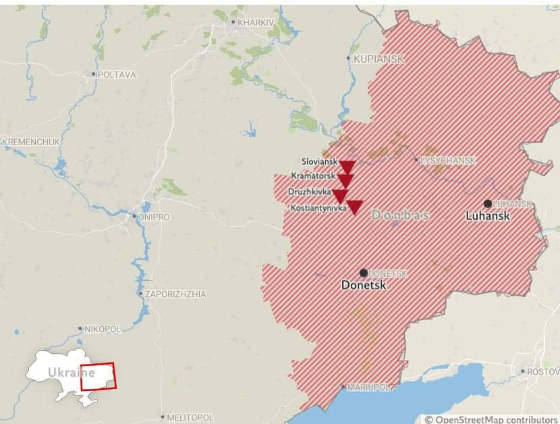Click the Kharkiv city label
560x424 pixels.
pyautogui.click(x=256, y=22)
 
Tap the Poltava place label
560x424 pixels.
pyautogui.click(x=116, y=74)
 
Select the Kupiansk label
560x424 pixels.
pyautogui.click(x=379, y=59)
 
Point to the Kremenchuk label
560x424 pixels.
pyautogui.click(x=31, y=142)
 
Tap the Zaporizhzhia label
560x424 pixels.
pyautogui.click(x=175, y=294)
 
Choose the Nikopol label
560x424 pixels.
pyautogui.click(x=102, y=329)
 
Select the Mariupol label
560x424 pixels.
pyautogui.click(x=369, y=388)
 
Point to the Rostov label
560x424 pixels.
pyautogui.click(x=542, y=372)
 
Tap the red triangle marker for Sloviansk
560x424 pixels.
pyautogui.click(x=347, y=167)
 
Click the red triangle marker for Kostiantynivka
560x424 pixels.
pyautogui.click(x=354, y=207)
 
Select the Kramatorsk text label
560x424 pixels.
pyautogui.click(x=313, y=176)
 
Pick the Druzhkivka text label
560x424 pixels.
pyautogui.click(x=310, y=192)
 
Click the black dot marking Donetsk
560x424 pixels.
pyautogui.click(x=364, y=273)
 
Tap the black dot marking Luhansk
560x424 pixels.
pyautogui.click(x=487, y=203)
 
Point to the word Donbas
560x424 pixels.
pyautogui.click(x=400, y=215)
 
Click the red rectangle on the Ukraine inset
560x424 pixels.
pyautogui.click(x=98, y=376)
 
